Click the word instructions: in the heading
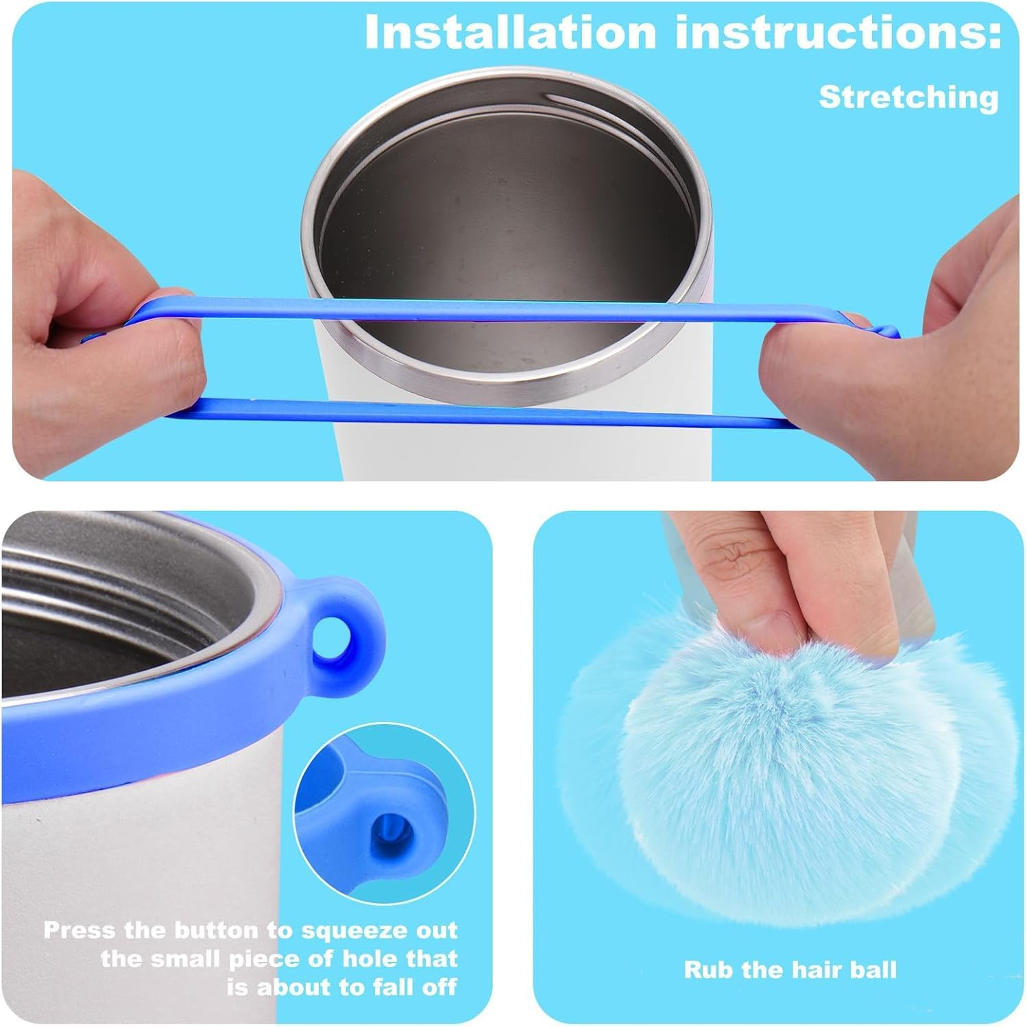pyautogui.click(x=838, y=32)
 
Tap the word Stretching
pyautogui.click(x=908, y=97)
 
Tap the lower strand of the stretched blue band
pyautogui.click(x=480, y=412)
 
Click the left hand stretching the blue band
pyautogui.click(x=103, y=302)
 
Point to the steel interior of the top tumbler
pyautogui.click(x=507, y=226)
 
